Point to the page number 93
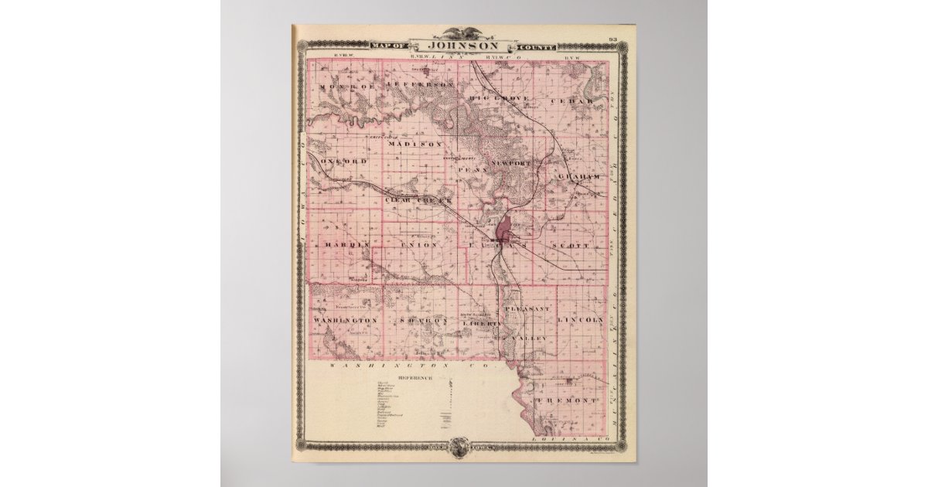(x=612, y=39)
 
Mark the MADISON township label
(x=415, y=144)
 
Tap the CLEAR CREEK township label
(x=417, y=199)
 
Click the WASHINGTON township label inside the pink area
(x=345, y=319)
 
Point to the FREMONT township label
(x=571, y=400)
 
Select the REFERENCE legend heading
(x=416, y=378)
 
